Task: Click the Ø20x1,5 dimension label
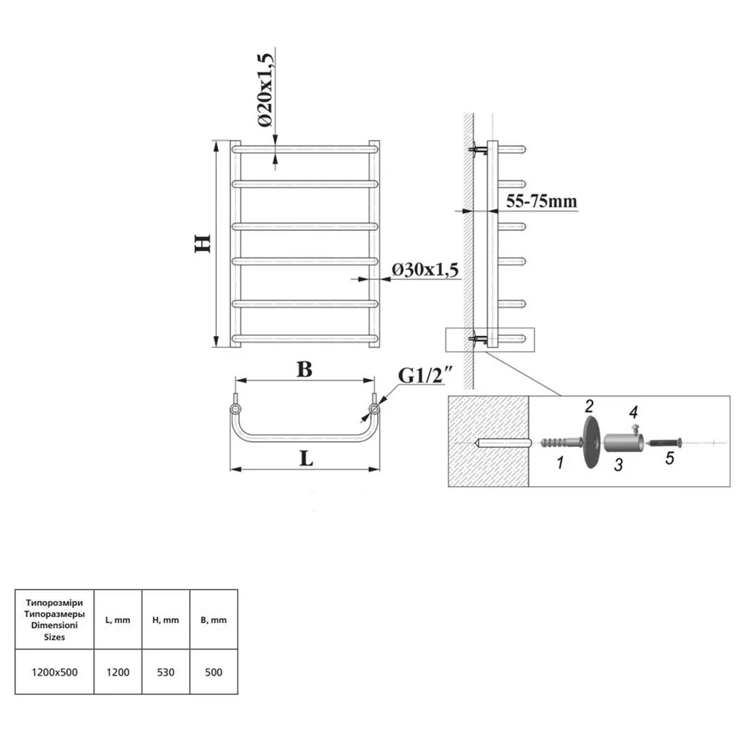266,89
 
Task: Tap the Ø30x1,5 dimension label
425,270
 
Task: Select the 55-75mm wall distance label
541,201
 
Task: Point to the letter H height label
203,244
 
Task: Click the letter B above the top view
305,370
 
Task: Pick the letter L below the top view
306,458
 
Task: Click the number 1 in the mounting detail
560,462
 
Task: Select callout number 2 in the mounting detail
589,406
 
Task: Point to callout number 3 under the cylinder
618,465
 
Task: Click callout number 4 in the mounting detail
633,412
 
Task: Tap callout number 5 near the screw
670,458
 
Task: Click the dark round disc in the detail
592,443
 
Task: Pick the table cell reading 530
166,672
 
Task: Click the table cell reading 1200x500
54,672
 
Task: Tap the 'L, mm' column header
118,620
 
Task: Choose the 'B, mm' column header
214,620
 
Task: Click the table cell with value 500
214,672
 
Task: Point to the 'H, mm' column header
166,620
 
